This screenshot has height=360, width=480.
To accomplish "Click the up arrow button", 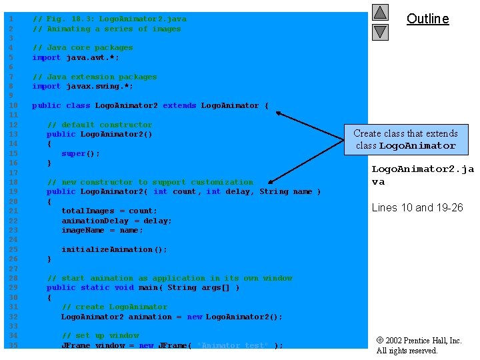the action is tap(380, 13).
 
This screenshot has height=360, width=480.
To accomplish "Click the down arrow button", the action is tap(380, 32).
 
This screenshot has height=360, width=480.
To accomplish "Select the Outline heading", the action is tap(427, 19).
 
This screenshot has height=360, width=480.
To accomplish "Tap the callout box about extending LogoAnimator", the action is tap(406, 139).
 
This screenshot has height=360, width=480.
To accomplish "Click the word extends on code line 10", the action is tap(179, 105).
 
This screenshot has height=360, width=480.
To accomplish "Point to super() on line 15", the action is tap(81, 154).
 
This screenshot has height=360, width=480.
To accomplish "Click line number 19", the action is tap(13, 191).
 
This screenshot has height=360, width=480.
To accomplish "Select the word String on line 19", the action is tap(274, 191).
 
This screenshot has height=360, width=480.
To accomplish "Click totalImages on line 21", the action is tap(88, 211).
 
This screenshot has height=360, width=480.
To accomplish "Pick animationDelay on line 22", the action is tap(95, 221).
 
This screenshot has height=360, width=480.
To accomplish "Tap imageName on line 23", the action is tap(83, 230).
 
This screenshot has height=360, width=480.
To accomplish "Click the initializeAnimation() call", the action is tap(114, 249).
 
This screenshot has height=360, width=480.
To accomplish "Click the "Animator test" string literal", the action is tap(233, 345).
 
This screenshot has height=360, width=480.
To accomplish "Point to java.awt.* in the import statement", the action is tap(93, 57).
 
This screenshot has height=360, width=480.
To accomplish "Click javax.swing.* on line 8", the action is tap(99, 86).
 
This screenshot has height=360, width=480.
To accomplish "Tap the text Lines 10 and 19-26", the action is tap(417, 207).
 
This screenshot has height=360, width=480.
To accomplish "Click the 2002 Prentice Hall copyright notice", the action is tap(419, 345).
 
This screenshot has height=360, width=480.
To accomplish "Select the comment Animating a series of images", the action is tap(114, 29).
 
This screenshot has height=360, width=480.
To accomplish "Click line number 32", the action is tap(13, 317).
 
